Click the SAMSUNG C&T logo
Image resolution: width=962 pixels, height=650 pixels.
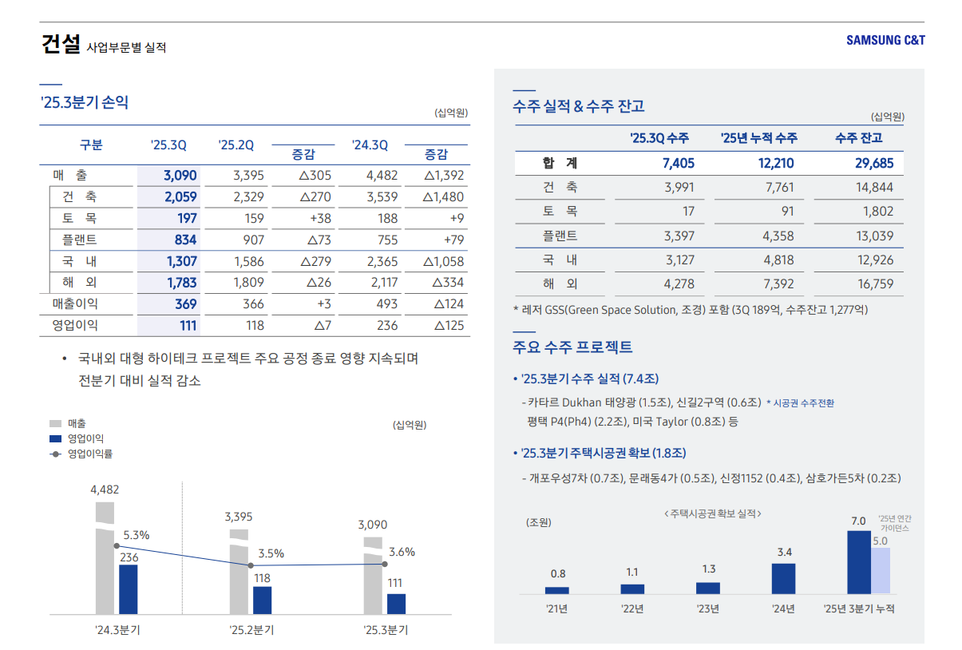pyautogui.click(x=885, y=40)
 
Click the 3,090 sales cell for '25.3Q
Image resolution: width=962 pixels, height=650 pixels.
pyautogui.click(x=180, y=176)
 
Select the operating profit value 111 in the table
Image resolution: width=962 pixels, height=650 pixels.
pyautogui.click(x=188, y=325)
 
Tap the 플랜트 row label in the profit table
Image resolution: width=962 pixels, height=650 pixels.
pyautogui.click(x=79, y=240)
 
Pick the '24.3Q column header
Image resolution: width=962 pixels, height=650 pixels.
pyautogui.click(x=369, y=145)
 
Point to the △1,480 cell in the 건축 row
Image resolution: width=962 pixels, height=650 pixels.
pyautogui.click(x=443, y=197)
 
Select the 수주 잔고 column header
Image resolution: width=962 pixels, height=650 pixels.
pyautogui.click(x=858, y=138)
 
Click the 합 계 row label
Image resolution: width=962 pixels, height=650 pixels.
pyautogui.click(x=560, y=164)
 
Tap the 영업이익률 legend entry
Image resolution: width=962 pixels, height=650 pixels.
pyautogui.click(x=89, y=454)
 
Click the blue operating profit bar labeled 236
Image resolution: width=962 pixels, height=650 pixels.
pyautogui.click(x=128, y=589)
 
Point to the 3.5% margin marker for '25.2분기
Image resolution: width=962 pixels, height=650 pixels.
pyautogui.click(x=251, y=565)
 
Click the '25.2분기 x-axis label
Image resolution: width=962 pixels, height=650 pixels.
pyautogui.click(x=251, y=630)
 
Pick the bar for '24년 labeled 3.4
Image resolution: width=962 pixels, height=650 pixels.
pyautogui.click(x=783, y=578)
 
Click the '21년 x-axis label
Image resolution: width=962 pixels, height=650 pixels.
pyautogui.click(x=556, y=609)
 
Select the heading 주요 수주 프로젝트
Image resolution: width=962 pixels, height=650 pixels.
pyautogui.click(x=572, y=347)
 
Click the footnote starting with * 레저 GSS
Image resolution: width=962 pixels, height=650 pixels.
pyautogui.click(x=690, y=309)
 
